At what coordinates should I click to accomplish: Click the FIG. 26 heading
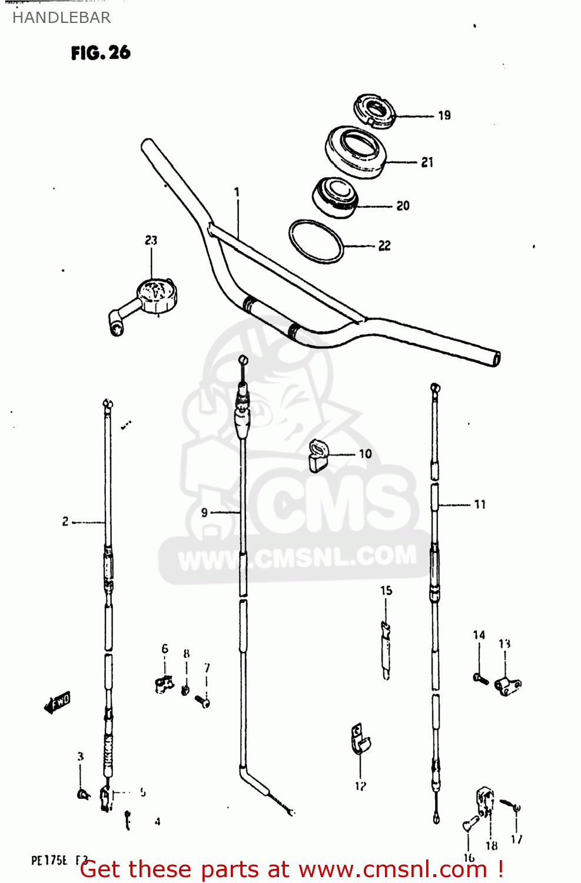[x=101, y=53]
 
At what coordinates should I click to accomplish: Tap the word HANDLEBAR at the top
[x=61, y=18]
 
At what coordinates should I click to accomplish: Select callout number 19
[x=444, y=115]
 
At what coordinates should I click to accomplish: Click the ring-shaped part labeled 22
[x=316, y=241]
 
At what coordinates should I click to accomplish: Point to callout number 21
[x=427, y=162]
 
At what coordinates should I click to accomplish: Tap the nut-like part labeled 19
[x=374, y=110]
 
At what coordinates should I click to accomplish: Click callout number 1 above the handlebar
[x=237, y=192]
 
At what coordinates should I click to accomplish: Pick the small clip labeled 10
[x=318, y=456]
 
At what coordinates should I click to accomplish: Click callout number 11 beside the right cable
[x=480, y=504]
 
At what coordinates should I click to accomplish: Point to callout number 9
[x=204, y=513]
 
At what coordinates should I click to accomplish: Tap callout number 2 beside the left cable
[x=65, y=522]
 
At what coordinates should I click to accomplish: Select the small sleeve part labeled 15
[x=386, y=650]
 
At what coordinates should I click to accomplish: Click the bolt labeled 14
[x=480, y=679]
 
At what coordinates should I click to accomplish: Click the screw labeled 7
[x=204, y=701]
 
